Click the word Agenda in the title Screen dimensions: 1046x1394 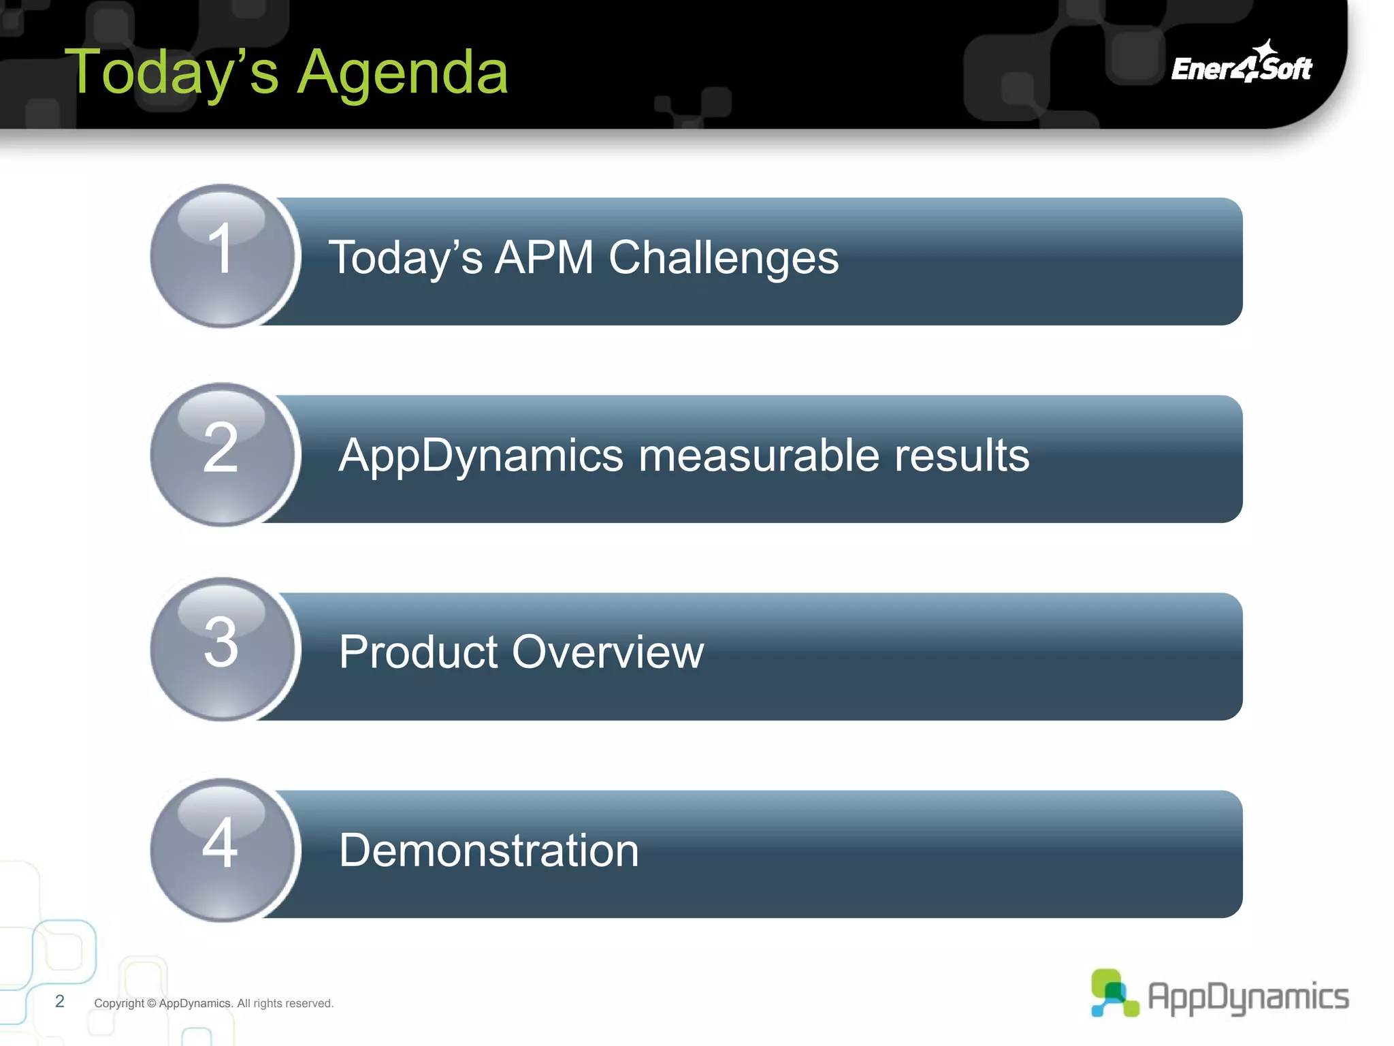pos(403,74)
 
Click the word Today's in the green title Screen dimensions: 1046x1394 pos(172,74)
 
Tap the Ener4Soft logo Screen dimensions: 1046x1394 pos(1242,64)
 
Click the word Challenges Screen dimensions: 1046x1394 pos(723,259)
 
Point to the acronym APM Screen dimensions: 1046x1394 pos(544,257)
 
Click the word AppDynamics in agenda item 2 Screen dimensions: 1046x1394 pos(481,456)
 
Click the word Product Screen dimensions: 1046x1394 pos(419,652)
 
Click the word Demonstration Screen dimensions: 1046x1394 pos(489,851)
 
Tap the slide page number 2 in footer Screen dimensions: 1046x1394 pos(60,1001)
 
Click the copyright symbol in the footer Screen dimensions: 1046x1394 pos(151,1003)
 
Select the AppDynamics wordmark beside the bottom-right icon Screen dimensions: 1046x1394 pos(1248,997)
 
